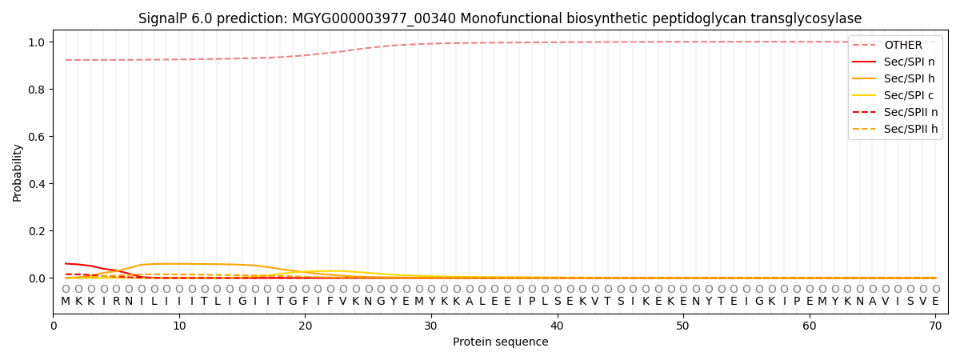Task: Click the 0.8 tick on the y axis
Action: [38, 90]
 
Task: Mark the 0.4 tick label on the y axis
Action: [38, 184]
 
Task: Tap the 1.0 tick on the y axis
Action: [38, 42]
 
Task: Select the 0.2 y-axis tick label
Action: [38, 231]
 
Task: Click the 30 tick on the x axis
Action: [431, 326]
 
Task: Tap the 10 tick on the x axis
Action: [179, 326]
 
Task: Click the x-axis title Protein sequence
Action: [500, 342]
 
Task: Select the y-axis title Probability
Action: [18, 172]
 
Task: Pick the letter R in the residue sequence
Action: [116, 302]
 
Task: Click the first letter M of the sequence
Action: [66, 302]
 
